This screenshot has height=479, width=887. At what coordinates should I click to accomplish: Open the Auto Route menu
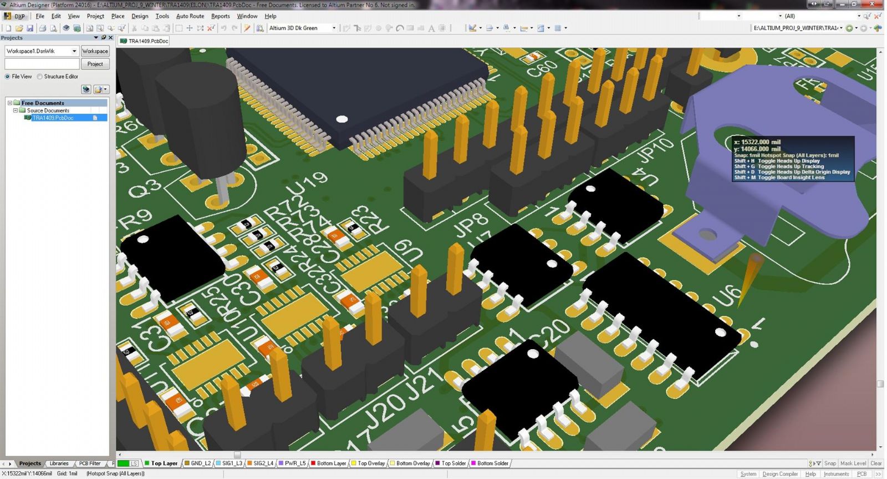click(190, 16)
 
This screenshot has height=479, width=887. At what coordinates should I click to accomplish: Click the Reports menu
click(220, 16)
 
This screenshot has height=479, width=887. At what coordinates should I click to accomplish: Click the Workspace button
click(95, 51)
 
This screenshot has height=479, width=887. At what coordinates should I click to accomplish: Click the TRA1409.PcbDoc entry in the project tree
click(53, 118)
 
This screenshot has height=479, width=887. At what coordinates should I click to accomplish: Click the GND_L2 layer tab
click(200, 463)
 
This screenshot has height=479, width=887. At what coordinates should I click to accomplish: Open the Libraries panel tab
click(59, 463)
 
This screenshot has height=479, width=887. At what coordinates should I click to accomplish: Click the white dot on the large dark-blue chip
click(342, 119)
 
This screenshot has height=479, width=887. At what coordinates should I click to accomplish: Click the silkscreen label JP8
click(471, 224)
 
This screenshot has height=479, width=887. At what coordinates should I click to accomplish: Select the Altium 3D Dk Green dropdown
click(302, 28)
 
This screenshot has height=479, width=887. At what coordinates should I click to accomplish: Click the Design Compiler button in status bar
click(779, 474)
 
